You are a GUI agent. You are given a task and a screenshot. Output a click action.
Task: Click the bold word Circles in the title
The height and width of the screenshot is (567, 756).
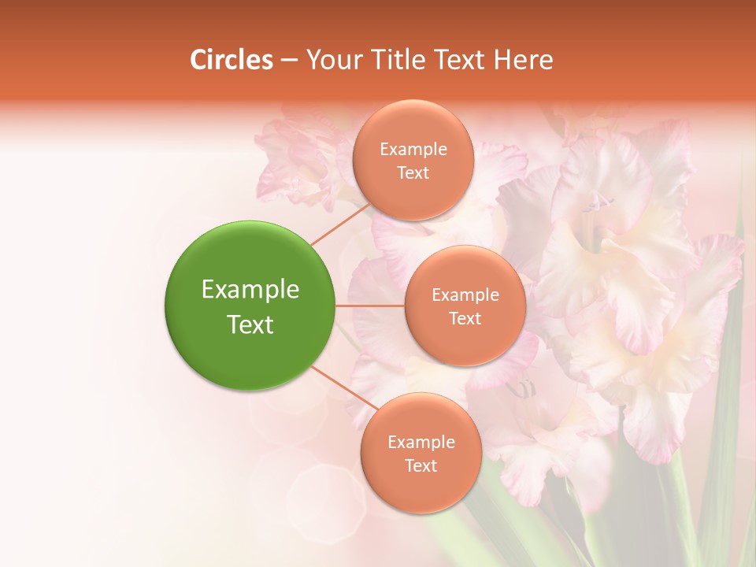232,60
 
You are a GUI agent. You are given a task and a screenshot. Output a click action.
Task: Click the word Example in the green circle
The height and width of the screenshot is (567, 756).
250,290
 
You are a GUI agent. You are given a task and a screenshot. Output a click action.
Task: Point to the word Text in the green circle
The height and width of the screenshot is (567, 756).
250,324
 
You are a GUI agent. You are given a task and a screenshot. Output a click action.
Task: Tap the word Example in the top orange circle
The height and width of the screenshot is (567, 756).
413,150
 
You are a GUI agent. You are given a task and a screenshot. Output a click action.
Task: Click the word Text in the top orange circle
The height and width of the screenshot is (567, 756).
413,173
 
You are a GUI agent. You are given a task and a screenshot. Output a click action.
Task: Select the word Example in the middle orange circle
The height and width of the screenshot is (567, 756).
465,295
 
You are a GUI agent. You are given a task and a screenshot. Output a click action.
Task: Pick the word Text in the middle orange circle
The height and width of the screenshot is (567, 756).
465,319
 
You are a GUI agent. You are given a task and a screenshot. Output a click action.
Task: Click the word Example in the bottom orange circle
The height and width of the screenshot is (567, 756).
421,443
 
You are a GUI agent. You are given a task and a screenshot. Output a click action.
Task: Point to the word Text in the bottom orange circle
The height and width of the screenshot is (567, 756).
421,466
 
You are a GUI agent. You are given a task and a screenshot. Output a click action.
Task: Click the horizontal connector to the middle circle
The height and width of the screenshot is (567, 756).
370,306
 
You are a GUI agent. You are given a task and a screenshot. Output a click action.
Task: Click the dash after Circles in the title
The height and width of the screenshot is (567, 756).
289,61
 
